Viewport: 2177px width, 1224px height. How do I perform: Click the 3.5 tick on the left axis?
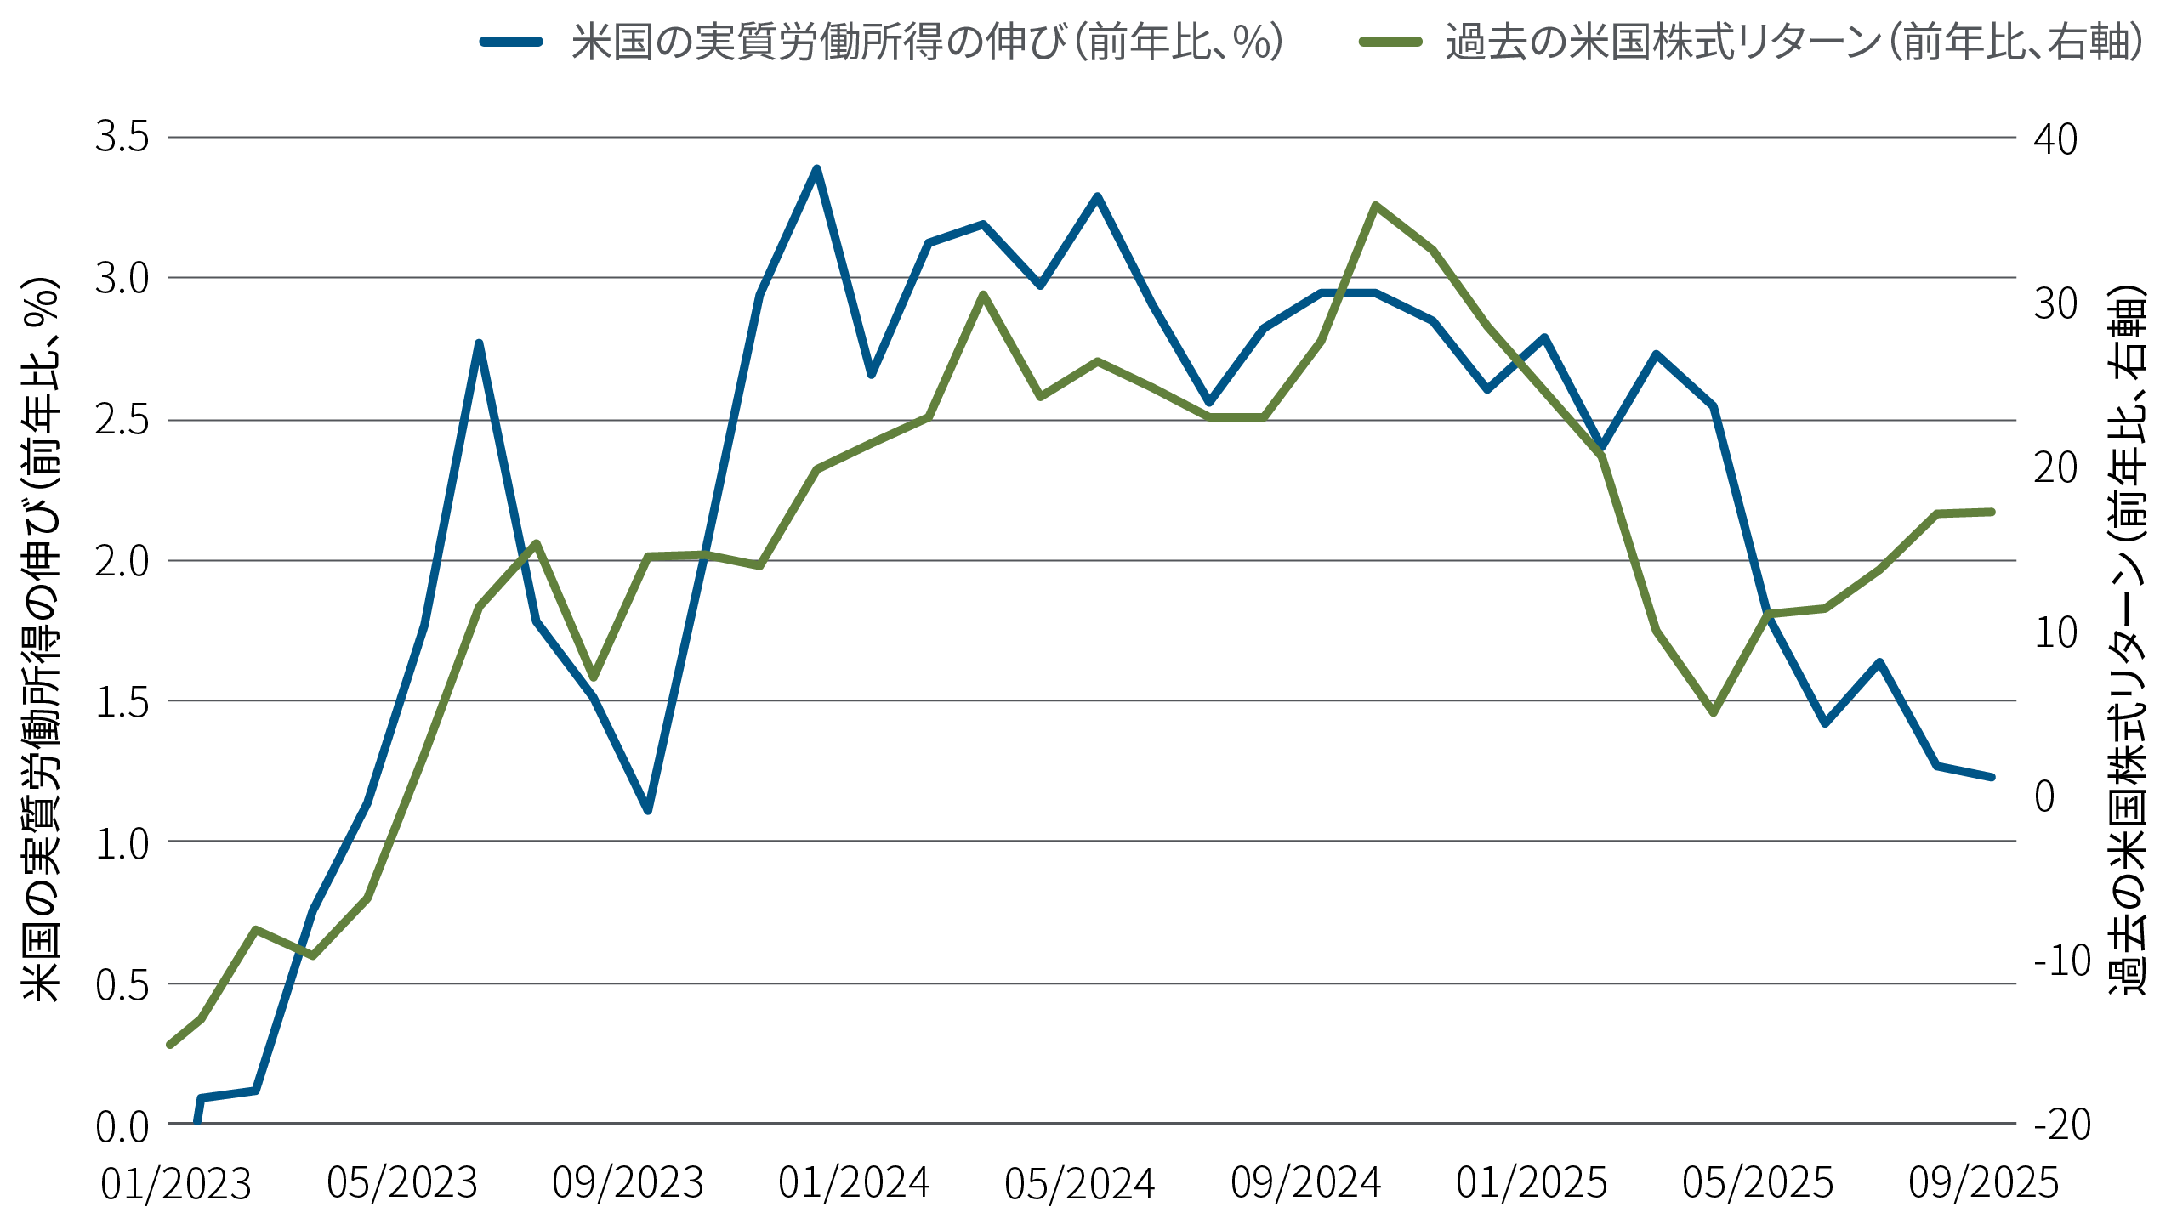tap(122, 138)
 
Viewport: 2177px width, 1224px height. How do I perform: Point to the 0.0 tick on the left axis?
tap(122, 1126)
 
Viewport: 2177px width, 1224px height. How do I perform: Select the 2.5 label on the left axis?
tap(122, 421)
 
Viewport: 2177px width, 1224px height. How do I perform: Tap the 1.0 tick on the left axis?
tap(122, 843)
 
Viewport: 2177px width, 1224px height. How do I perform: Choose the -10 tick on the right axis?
tap(2061, 961)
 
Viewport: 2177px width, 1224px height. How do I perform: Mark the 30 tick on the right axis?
tap(2055, 303)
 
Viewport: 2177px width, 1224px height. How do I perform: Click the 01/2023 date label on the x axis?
tap(176, 1184)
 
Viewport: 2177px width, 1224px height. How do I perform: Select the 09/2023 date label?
tap(628, 1182)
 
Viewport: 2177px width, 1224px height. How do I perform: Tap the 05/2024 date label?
tap(1079, 1183)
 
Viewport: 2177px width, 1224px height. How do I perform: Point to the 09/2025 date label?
tap(1983, 1182)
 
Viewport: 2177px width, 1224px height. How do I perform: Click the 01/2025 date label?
tap(1532, 1182)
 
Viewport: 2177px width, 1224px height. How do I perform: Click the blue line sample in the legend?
tap(511, 42)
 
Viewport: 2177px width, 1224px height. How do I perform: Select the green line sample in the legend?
tap(1390, 42)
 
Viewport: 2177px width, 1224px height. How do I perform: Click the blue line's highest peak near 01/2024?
tap(816, 169)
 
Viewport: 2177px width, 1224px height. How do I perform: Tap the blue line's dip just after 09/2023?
tap(648, 810)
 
